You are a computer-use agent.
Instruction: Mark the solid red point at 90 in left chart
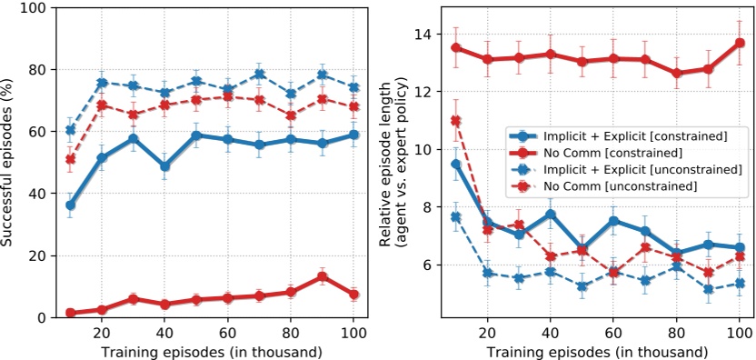pyautogui.click(x=322, y=276)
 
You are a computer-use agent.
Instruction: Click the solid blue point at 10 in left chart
pyautogui.click(x=71, y=205)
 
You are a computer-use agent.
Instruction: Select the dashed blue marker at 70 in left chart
pyautogui.click(x=259, y=75)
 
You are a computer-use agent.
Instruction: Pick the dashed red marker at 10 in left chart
pyautogui.click(x=71, y=159)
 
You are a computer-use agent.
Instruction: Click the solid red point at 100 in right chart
pyautogui.click(x=740, y=43)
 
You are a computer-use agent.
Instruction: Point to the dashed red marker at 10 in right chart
pyautogui.click(x=456, y=121)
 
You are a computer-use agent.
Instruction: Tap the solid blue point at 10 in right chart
pyautogui.click(x=456, y=164)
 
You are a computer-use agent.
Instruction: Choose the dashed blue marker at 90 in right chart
pyautogui.click(x=708, y=289)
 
